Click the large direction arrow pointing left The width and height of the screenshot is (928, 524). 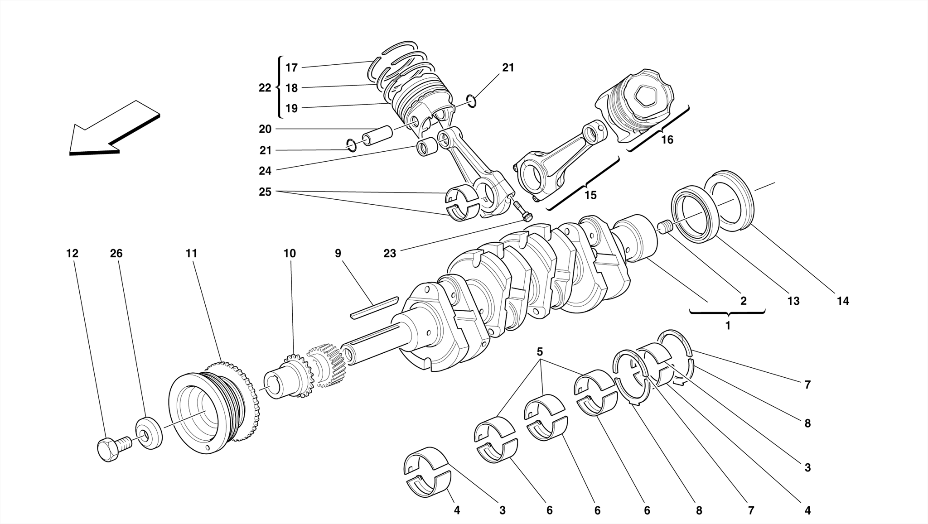coord(113,129)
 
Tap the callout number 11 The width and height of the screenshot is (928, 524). coord(191,254)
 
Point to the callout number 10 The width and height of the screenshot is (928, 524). coord(290,254)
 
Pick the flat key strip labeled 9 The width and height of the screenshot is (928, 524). coord(374,308)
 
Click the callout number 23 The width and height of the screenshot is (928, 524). coord(390,254)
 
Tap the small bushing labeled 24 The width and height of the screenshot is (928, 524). coord(427,148)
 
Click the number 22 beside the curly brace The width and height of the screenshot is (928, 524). coord(265,88)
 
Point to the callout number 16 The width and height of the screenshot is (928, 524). coord(667,140)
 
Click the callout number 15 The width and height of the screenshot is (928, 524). coord(590,195)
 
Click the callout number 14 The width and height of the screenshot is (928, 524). coord(842,301)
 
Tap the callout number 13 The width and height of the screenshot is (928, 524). coord(793,301)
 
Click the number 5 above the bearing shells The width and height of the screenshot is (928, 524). coord(540,351)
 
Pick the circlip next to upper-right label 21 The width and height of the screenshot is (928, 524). coord(472,101)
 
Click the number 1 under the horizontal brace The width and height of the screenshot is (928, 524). coord(728,326)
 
